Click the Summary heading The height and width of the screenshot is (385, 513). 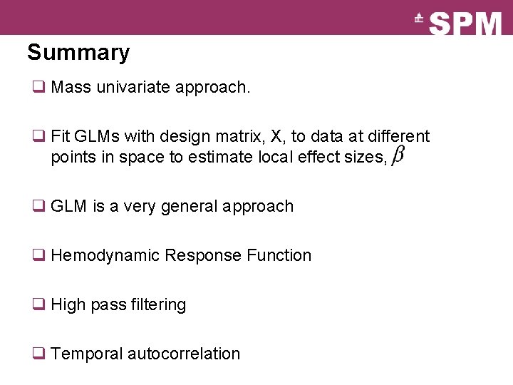(78, 53)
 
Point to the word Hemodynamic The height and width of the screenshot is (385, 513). (105, 255)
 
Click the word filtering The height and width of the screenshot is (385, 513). (158, 304)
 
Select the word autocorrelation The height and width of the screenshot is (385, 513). (183, 354)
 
